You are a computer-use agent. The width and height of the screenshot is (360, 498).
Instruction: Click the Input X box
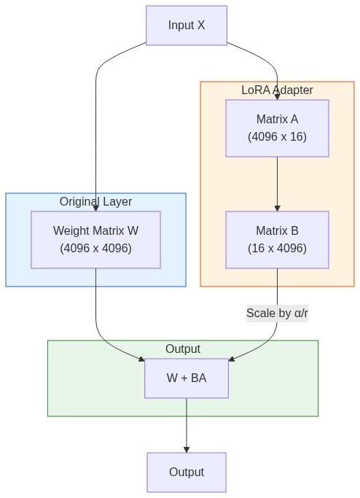coord(187,26)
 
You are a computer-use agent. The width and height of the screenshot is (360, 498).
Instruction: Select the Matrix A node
coord(277,128)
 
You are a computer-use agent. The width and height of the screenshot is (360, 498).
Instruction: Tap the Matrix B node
coord(277,240)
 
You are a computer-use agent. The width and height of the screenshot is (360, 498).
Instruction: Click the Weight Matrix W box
coord(95,240)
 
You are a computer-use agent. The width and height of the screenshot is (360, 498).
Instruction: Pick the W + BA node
coord(187,378)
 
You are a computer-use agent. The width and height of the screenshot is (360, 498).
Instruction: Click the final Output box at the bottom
coord(187,472)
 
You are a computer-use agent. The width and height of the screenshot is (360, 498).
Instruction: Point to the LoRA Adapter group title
coord(277,90)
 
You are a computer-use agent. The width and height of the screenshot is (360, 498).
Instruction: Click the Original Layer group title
coord(95,202)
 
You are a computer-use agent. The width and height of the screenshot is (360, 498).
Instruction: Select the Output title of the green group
coord(183,349)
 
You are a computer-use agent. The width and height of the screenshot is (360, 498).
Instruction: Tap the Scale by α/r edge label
coord(277,314)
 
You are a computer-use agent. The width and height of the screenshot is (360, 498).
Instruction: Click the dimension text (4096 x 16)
coord(277,137)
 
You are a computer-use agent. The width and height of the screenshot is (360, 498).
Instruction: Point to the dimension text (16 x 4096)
coord(277,249)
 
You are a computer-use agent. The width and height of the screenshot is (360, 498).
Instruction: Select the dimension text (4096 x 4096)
coord(95,249)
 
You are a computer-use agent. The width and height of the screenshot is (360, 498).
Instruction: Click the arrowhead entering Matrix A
coord(277,96)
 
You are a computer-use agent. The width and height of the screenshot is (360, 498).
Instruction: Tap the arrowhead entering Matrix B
coord(277,208)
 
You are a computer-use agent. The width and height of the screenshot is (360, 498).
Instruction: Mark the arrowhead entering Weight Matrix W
coord(95,208)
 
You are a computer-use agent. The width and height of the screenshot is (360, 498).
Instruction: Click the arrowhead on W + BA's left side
coord(141,358)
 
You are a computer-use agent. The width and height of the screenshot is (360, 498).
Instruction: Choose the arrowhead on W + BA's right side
coord(232,359)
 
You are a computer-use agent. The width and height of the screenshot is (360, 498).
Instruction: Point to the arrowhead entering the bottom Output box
coord(187,449)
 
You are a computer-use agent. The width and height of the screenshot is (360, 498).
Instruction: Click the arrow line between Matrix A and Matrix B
coord(277,182)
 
